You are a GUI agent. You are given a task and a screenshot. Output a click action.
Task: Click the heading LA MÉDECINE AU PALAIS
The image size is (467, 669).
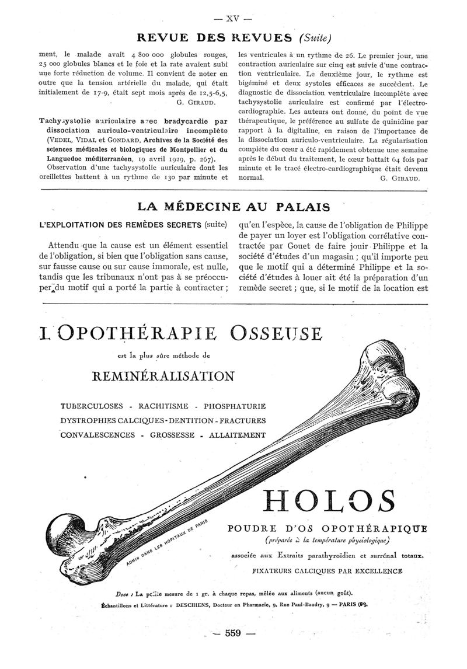tap(233, 207)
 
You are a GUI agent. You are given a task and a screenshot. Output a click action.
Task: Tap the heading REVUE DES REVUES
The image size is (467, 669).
tap(214, 39)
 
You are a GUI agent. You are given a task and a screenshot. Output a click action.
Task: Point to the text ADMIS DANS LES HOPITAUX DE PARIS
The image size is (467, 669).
tap(166, 543)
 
